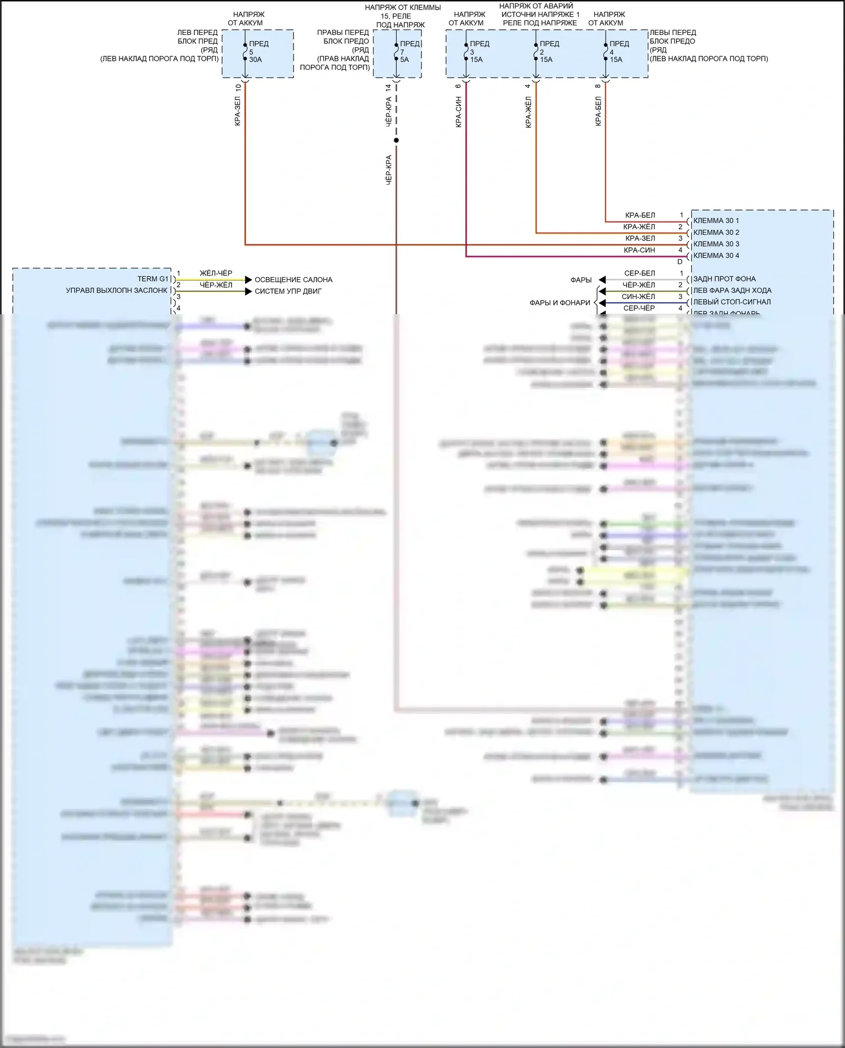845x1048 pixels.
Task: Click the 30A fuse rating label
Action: click(x=255, y=60)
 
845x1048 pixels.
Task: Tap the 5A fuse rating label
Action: click(x=404, y=60)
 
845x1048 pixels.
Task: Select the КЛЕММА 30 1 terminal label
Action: click(x=716, y=221)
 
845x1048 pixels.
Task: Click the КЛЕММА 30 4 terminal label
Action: click(x=716, y=256)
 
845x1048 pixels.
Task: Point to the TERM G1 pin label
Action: click(x=153, y=279)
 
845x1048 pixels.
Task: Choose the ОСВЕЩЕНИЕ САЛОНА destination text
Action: click(x=293, y=280)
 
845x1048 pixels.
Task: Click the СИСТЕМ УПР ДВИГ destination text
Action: click(x=288, y=291)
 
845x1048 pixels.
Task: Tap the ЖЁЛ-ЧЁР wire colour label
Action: click(x=216, y=273)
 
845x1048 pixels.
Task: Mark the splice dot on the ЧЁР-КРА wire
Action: click(x=396, y=140)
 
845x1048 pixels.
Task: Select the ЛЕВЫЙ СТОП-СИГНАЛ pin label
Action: click(x=732, y=302)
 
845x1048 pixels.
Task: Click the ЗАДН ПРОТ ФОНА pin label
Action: click(x=724, y=279)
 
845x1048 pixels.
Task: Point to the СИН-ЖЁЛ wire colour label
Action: click(x=638, y=297)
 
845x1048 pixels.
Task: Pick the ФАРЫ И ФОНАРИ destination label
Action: click(x=559, y=303)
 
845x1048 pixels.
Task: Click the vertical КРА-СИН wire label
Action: click(x=459, y=112)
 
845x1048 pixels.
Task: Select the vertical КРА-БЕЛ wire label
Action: click(x=598, y=111)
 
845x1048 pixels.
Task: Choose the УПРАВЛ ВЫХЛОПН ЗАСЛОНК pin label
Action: click(x=117, y=291)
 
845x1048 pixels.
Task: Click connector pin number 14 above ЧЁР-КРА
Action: click(x=388, y=88)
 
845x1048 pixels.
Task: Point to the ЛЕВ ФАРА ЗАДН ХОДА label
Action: click(x=732, y=291)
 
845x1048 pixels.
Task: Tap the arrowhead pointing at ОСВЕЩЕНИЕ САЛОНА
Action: click(x=248, y=280)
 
